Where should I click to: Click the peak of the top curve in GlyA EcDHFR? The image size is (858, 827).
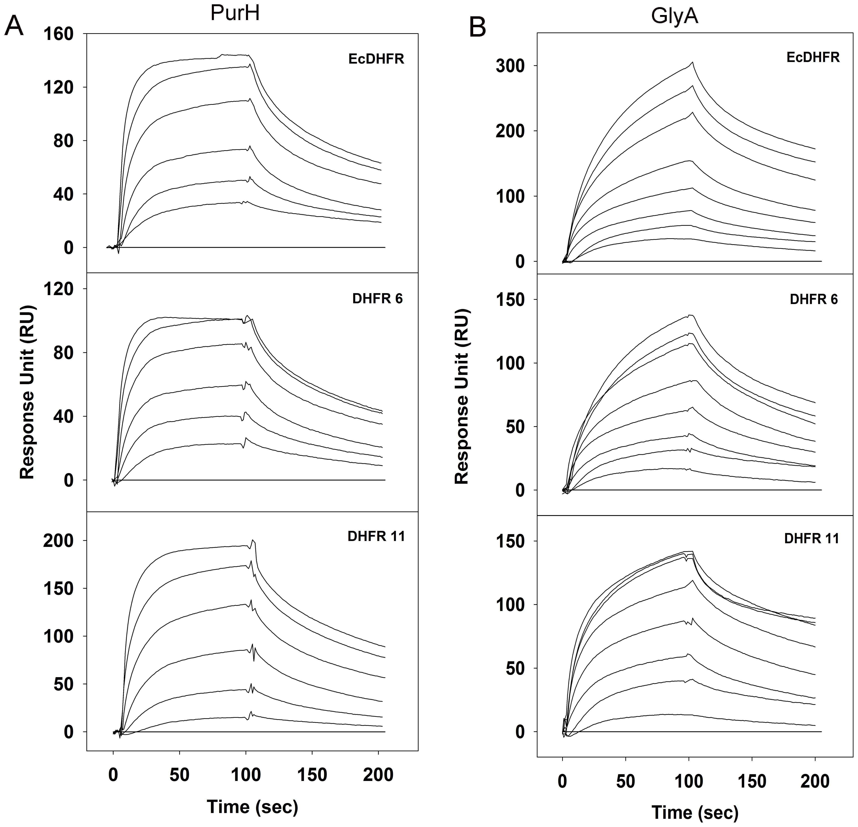692,63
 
